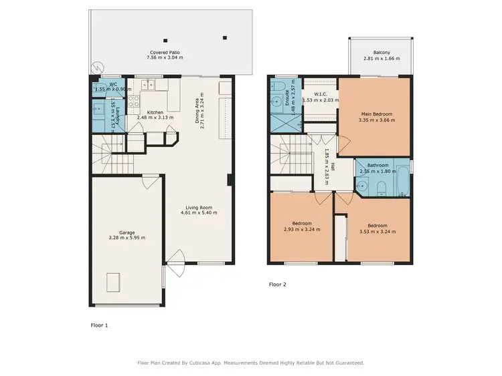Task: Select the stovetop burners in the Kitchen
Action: pos(133,102)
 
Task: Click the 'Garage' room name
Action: pos(127,232)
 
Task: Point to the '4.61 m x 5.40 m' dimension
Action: pos(201,213)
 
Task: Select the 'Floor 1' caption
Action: pos(99,325)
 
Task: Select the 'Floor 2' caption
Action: pos(277,285)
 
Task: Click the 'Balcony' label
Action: pos(382,53)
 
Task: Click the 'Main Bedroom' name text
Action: pos(376,115)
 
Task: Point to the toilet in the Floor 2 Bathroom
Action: pos(380,186)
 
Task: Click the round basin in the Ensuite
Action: pos(276,102)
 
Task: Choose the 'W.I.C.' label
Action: pos(321,94)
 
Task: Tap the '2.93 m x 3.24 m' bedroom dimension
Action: pos(301,230)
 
